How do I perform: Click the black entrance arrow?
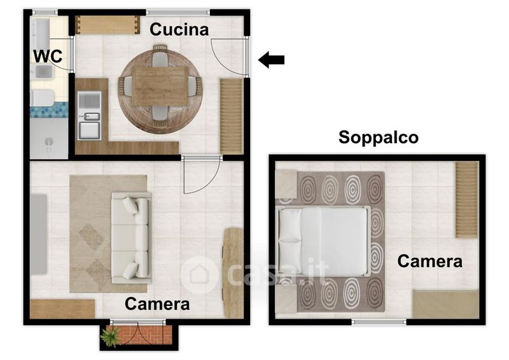tap(271, 60)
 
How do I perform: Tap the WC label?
tap(48, 56)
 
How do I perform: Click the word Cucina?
tap(179, 29)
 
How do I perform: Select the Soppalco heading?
tap(378, 137)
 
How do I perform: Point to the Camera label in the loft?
tap(430, 261)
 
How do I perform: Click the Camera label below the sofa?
tap(157, 304)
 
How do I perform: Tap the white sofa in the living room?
tap(132, 238)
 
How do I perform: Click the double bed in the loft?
tap(323, 242)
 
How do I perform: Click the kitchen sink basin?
tap(90, 130)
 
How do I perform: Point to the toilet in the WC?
tap(43, 98)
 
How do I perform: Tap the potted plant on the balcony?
tap(109, 336)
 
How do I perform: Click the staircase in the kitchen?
tap(232, 116)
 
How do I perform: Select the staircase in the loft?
tap(467, 200)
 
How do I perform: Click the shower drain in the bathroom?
tap(49, 142)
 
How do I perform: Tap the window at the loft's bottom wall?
tap(379, 322)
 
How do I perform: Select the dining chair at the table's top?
tap(160, 57)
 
